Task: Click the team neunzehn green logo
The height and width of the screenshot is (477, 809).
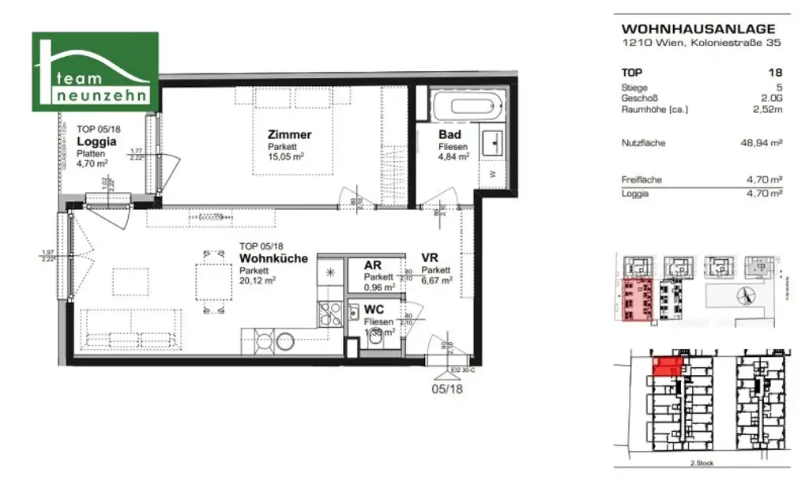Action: (x=94, y=73)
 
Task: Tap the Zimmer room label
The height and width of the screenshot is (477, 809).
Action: (x=289, y=134)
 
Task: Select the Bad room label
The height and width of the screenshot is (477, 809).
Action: (x=450, y=135)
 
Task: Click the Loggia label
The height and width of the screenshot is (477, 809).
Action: (x=97, y=142)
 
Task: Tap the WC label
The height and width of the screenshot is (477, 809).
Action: (x=374, y=310)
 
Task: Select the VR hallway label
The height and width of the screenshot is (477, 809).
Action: (x=430, y=258)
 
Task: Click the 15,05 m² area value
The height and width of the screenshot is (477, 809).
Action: (x=287, y=156)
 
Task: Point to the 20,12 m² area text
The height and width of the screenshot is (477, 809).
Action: (x=258, y=280)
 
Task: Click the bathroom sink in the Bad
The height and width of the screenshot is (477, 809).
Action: (x=497, y=141)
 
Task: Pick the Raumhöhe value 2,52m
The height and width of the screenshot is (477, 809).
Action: (x=769, y=110)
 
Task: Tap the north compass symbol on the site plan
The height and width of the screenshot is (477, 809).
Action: (x=743, y=296)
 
